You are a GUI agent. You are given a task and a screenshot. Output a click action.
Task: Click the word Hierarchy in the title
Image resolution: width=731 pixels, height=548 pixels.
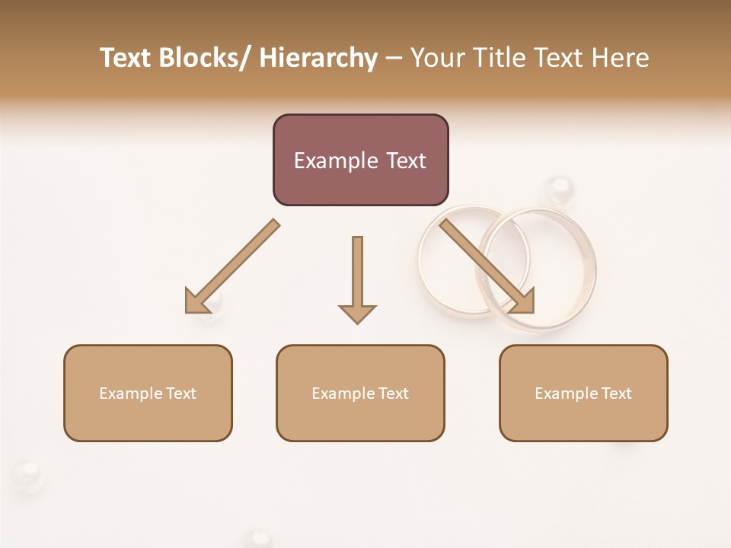pyautogui.click(x=318, y=59)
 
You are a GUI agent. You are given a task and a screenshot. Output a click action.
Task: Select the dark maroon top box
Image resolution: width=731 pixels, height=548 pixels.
pyautogui.click(x=360, y=160)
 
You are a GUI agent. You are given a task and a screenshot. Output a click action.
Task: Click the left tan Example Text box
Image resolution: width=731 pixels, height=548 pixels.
pyautogui.click(x=148, y=393)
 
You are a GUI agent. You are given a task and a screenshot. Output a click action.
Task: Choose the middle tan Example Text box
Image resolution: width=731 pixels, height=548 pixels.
pyautogui.click(x=360, y=393)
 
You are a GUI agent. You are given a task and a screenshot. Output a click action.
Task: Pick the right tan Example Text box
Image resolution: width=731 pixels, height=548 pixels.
pyautogui.click(x=583, y=393)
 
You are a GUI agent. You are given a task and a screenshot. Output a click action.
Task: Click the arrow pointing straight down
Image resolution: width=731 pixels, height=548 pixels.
pyautogui.click(x=357, y=279)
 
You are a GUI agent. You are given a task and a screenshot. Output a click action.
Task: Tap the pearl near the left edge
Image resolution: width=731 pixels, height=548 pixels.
pyautogui.click(x=28, y=473)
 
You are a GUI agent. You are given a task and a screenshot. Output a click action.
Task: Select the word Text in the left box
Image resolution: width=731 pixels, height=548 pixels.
pyautogui.click(x=180, y=393)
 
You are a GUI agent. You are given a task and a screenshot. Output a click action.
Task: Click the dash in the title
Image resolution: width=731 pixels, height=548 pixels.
pyautogui.click(x=394, y=59)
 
